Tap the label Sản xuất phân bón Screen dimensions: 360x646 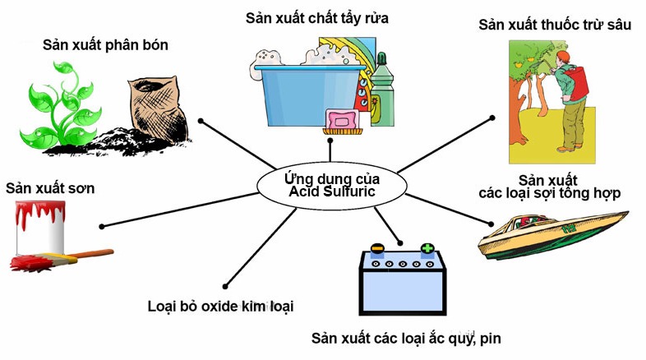click(x=105, y=45)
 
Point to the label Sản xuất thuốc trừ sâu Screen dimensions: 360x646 click(x=555, y=25)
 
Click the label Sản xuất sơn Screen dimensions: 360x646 click(x=50, y=188)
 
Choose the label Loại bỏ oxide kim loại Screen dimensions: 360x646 click(x=219, y=306)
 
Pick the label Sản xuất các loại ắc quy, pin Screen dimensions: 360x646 click(x=406, y=338)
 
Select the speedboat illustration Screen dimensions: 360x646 click(x=555, y=233)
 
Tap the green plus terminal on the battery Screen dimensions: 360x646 click(x=427, y=247)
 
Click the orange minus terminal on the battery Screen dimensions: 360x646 click(x=376, y=247)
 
